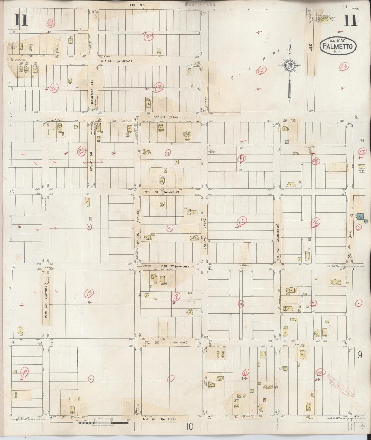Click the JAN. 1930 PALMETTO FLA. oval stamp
pos(338,46)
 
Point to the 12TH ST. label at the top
pos(137,5)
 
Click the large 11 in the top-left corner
pos(21,20)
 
